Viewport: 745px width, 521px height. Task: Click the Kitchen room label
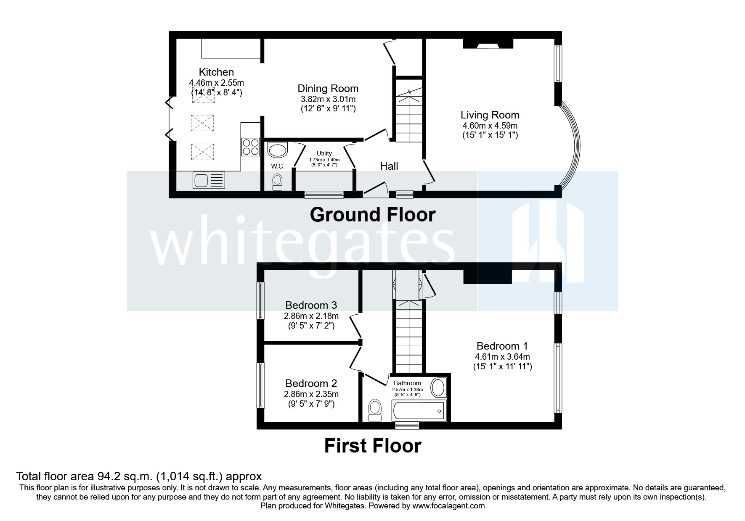pos(216,72)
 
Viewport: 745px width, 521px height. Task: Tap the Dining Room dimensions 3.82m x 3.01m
pos(328,99)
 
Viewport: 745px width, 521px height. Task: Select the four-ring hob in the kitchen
pos(250,147)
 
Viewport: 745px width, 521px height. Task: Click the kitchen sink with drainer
pos(209,181)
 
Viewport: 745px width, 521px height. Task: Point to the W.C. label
pos(278,166)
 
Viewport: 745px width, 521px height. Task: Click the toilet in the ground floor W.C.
pos(277,182)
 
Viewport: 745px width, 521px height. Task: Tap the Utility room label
pos(324,153)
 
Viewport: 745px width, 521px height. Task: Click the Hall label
pos(389,166)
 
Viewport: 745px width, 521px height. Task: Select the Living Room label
pos(490,115)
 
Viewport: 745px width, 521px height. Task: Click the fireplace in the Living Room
pos(488,44)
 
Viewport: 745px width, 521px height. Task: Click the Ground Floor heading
pos(372,215)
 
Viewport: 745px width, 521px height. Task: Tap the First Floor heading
pos(372,446)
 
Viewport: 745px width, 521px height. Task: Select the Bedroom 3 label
pos(311,305)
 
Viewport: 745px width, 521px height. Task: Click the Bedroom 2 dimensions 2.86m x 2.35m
pos(311,394)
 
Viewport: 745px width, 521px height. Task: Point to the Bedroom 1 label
pos(502,346)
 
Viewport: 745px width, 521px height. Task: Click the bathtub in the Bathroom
pos(419,410)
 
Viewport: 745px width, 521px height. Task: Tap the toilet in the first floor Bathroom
pos(374,410)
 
